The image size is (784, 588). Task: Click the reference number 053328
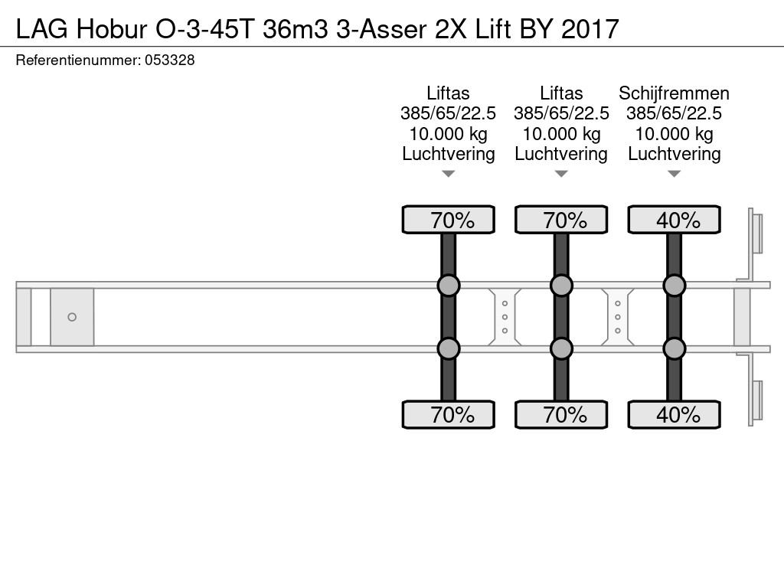[170, 60]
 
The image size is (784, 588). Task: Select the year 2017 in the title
[590, 29]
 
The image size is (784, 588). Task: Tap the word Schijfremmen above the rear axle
[674, 93]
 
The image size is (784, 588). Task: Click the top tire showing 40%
[674, 220]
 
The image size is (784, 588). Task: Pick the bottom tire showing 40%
[674, 415]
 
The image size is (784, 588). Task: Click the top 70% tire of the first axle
[449, 220]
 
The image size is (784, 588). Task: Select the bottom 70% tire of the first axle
[449, 415]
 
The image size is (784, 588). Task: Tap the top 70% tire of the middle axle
[561, 220]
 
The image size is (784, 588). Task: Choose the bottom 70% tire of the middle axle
[561, 415]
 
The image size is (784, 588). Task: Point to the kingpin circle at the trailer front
[72, 317]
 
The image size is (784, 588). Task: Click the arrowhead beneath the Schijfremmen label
[674, 175]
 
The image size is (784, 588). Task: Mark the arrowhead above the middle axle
[561, 175]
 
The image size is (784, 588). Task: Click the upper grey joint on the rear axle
[674, 286]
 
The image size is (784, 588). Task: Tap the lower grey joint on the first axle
[449, 349]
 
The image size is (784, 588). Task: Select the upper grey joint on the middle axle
[561, 286]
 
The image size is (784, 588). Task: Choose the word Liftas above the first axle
[449, 93]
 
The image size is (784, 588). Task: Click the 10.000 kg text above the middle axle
[561, 134]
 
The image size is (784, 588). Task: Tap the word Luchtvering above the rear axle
[674, 154]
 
